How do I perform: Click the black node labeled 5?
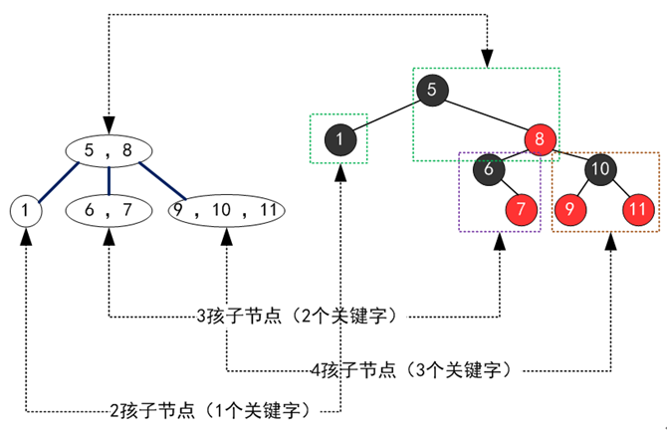pyautogui.click(x=431, y=90)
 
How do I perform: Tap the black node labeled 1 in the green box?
pyautogui.click(x=338, y=139)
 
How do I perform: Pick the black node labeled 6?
pyautogui.click(x=489, y=169)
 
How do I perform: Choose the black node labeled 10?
pyautogui.click(x=601, y=169)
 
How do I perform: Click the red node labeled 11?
pyautogui.click(x=637, y=209)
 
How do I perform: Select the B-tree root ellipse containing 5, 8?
pyautogui.click(x=109, y=150)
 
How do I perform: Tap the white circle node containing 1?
pyautogui.click(x=24, y=210)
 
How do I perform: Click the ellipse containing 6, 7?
pyautogui.click(x=109, y=210)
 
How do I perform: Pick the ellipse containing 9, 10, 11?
pyautogui.click(x=226, y=210)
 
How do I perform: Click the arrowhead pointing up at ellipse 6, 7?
pyautogui.click(x=109, y=239)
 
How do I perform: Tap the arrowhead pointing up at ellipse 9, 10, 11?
pyautogui.click(x=226, y=239)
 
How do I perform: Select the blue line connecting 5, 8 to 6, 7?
pyautogui.click(x=109, y=180)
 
